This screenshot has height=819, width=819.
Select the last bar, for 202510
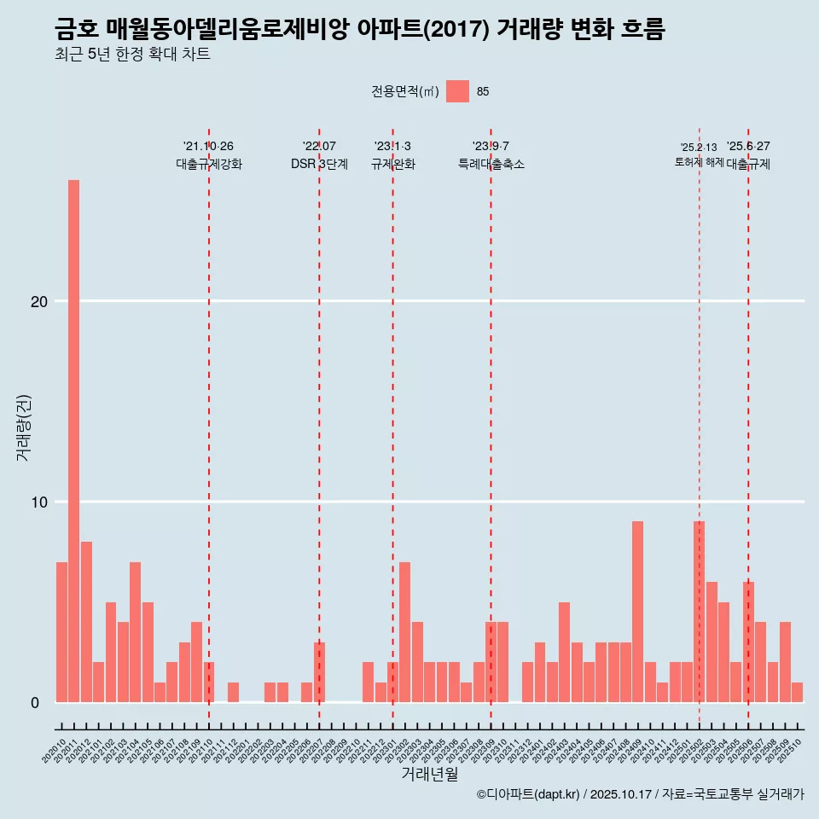point(797,692)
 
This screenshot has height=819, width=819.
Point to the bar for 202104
point(135,632)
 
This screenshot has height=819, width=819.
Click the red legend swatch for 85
point(457,91)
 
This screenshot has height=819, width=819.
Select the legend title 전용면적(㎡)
point(405,91)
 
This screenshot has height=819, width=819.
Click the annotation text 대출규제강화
point(209,164)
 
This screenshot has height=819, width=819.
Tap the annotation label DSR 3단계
point(319,164)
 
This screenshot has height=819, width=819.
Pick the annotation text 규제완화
point(392,164)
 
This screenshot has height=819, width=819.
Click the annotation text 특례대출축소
point(491,164)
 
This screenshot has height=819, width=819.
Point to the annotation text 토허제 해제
point(699,162)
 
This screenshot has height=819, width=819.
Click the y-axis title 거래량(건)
point(24,427)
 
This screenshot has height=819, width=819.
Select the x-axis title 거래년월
point(429,775)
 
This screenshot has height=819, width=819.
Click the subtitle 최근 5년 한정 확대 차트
point(132,55)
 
